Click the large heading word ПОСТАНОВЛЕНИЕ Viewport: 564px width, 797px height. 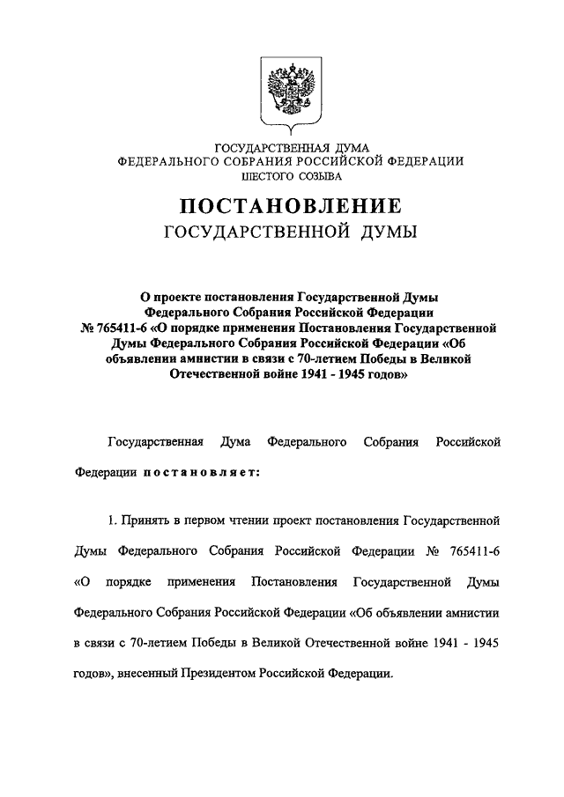[x=291, y=208]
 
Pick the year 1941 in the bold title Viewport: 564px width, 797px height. [x=313, y=373]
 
